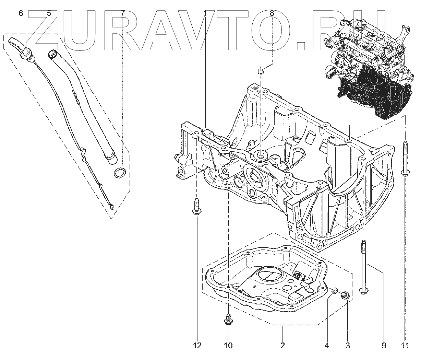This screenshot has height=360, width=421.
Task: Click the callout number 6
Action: point(21,13)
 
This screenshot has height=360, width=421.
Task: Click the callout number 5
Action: point(49,13)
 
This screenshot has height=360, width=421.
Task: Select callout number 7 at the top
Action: point(123,13)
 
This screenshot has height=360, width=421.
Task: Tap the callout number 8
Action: point(272,13)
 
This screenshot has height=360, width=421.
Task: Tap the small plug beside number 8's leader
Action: point(260,71)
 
